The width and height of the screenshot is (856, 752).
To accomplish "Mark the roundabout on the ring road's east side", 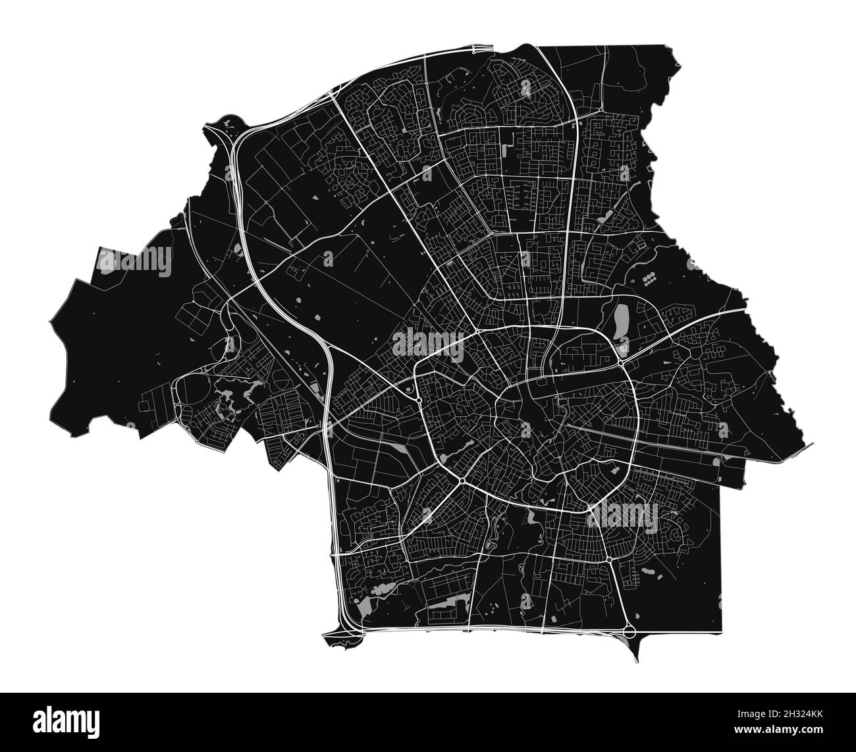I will pos(620,362).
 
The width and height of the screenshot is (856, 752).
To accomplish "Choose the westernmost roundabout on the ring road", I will pos(419,399).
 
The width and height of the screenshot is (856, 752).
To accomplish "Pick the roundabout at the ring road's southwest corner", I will pos(462,483).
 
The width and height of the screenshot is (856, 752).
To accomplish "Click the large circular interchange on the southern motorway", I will pos(629,631).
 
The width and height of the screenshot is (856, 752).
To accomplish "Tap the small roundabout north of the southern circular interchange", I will pos(610,560).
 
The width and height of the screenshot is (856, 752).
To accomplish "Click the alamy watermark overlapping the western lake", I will pos(135,261).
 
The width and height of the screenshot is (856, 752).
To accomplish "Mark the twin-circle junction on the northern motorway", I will pos(483,47).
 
